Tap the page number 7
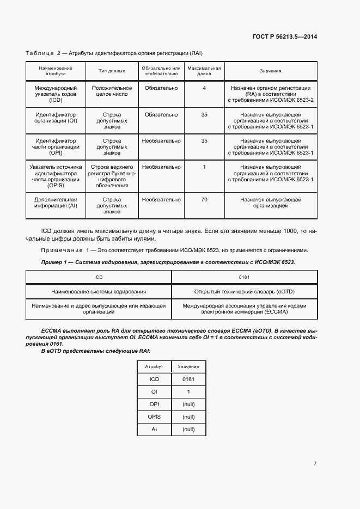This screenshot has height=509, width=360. tap(315, 463)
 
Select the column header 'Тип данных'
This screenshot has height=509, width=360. tap(112, 71)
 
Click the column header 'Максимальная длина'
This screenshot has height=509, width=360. tap(204, 71)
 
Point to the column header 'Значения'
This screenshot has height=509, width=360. tap(270, 71)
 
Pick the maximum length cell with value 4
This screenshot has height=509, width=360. tap(204, 88)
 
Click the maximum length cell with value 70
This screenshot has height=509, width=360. tap(204, 200)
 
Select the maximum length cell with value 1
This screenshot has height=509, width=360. tap(204, 167)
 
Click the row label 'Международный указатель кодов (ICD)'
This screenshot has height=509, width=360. tap(56, 94)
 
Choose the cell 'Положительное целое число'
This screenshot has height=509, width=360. tap(112, 91)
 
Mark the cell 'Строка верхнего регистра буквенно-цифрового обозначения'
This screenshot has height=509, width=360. tap(112, 176)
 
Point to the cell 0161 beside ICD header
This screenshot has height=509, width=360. tap(244, 277)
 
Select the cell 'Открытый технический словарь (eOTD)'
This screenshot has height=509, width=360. tap(244, 292)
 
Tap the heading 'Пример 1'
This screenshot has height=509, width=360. tap(56, 262)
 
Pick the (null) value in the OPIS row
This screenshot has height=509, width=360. tap(188, 416)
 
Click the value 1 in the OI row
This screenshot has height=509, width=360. tap(188, 391)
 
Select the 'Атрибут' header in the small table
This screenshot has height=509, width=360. tap(154, 367)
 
